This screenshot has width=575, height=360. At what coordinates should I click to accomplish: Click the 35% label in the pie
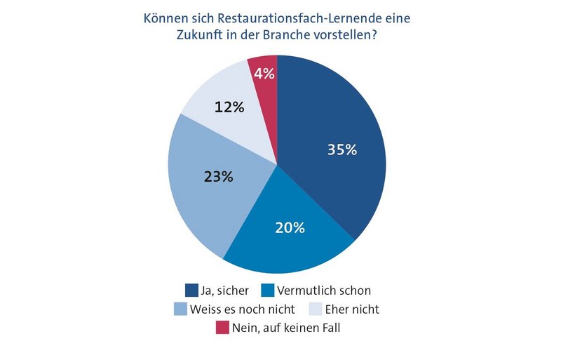(342, 149)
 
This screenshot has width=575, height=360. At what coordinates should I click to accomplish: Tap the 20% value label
(289, 227)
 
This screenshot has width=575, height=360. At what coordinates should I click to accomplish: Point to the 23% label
(217, 177)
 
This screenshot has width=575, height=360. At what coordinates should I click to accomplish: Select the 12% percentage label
(229, 107)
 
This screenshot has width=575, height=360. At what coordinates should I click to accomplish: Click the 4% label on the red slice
(264, 73)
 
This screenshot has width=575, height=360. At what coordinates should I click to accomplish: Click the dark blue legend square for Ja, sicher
(191, 290)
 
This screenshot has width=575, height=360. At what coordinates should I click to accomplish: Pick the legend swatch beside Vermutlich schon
(267, 290)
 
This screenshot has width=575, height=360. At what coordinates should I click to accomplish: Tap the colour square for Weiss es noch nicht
(180, 308)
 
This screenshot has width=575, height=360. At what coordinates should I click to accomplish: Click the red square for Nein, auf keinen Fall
(222, 326)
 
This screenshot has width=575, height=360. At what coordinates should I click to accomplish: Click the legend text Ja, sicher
(226, 290)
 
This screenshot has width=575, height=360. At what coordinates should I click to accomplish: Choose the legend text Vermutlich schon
(324, 290)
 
